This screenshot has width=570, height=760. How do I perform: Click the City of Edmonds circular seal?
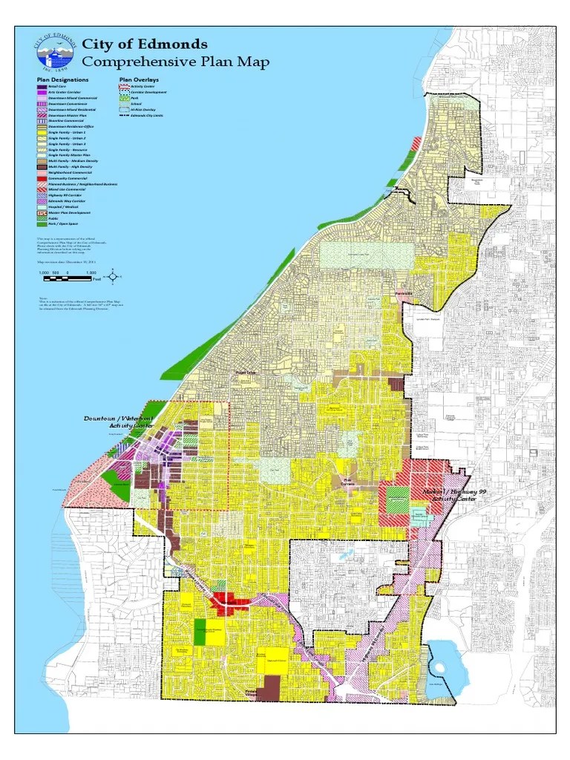pos(54,53)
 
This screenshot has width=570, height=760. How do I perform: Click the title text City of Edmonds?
pos(145,45)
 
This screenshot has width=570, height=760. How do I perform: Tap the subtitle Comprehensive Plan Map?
pos(175,62)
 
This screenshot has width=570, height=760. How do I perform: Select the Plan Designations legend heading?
pos(63,79)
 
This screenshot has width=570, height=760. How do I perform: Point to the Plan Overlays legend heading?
pos(139,79)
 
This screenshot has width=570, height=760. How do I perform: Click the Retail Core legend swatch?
pos(42,87)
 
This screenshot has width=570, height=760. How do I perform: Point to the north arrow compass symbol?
pos(111,276)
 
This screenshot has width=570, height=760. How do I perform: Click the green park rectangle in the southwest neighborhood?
pos(200,631)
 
